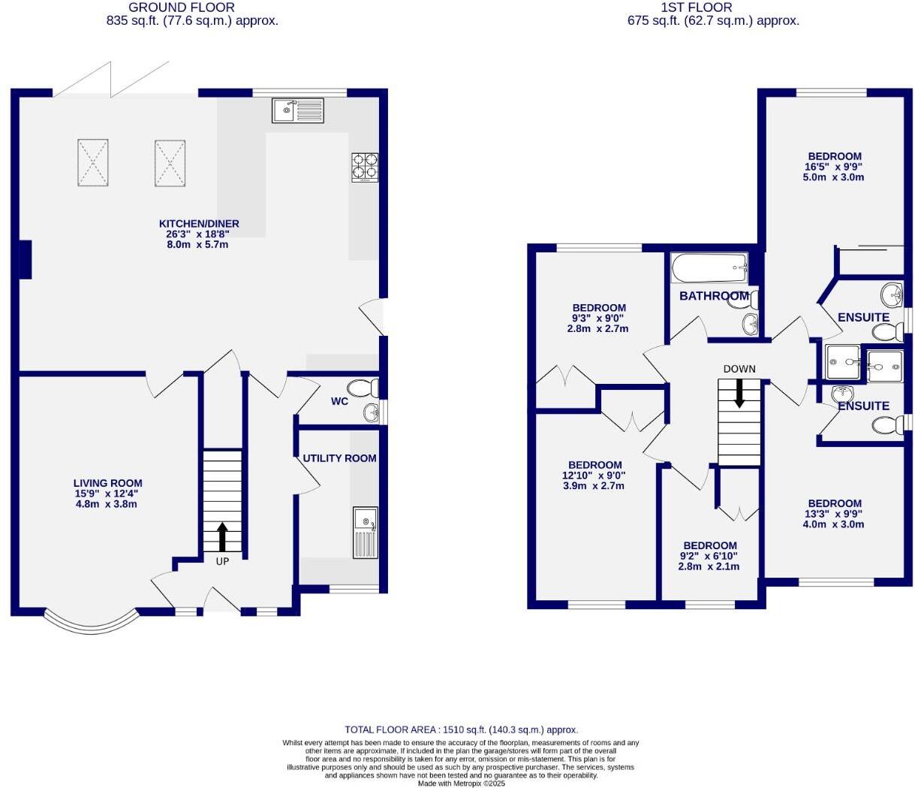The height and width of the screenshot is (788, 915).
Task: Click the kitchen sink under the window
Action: [298, 110]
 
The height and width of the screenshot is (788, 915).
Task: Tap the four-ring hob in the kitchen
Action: [365, 167]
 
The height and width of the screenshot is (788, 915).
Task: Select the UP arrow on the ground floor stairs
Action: [222, 537]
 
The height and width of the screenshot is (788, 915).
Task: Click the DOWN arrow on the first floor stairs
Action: [739, 392]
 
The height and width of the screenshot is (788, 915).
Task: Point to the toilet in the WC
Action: [365, 388]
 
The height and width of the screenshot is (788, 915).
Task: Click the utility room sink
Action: [366, 532]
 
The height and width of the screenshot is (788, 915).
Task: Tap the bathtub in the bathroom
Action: [709, 267]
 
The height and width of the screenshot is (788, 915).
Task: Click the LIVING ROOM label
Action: [107, 483]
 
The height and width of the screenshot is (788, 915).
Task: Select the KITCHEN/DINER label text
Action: [199, 223]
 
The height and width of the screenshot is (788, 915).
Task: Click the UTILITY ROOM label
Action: [339, 457]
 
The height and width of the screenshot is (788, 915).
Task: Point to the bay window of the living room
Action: [92, 623]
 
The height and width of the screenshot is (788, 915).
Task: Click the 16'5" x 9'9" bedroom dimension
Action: [833, 167]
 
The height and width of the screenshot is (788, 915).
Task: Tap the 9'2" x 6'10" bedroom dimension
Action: [710, 556]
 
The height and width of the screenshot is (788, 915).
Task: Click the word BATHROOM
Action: [713, 296]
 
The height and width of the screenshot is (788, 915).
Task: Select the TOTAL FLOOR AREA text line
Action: [461, 729]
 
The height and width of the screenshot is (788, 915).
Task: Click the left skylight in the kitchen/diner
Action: [93, 162]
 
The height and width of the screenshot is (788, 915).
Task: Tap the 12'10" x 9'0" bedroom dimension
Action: [594, 476]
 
